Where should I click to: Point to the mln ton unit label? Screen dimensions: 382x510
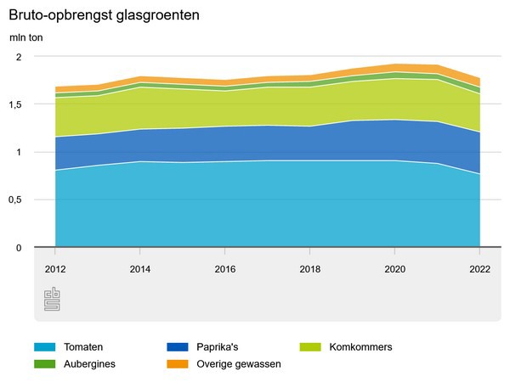pyautogui.click(x=25, y=37)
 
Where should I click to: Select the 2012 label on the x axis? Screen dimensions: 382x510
pyautogui.click(x=55, y=268)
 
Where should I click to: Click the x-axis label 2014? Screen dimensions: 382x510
pyautogui.click(x=140, y=268)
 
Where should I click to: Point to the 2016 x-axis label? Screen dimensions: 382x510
pyautogui.click(x=225, y=268)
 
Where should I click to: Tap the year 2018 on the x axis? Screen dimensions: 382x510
pyautogui.click(x=310, y=268)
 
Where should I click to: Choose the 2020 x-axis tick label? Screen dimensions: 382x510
pyautogui.click(x=395, y=268)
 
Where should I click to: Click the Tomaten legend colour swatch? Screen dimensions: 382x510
pyautogui.click(x=45, y=347)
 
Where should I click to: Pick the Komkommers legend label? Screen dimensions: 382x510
pyautogui.click(x=360, y=347)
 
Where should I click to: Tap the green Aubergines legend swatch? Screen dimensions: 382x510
pyautogui.click(x=45, y=363)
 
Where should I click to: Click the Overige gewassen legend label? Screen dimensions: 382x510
pyautogui.click(x=240, y=363)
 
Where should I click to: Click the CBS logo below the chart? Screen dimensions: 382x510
pyautogui.click(x=52, y=300)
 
